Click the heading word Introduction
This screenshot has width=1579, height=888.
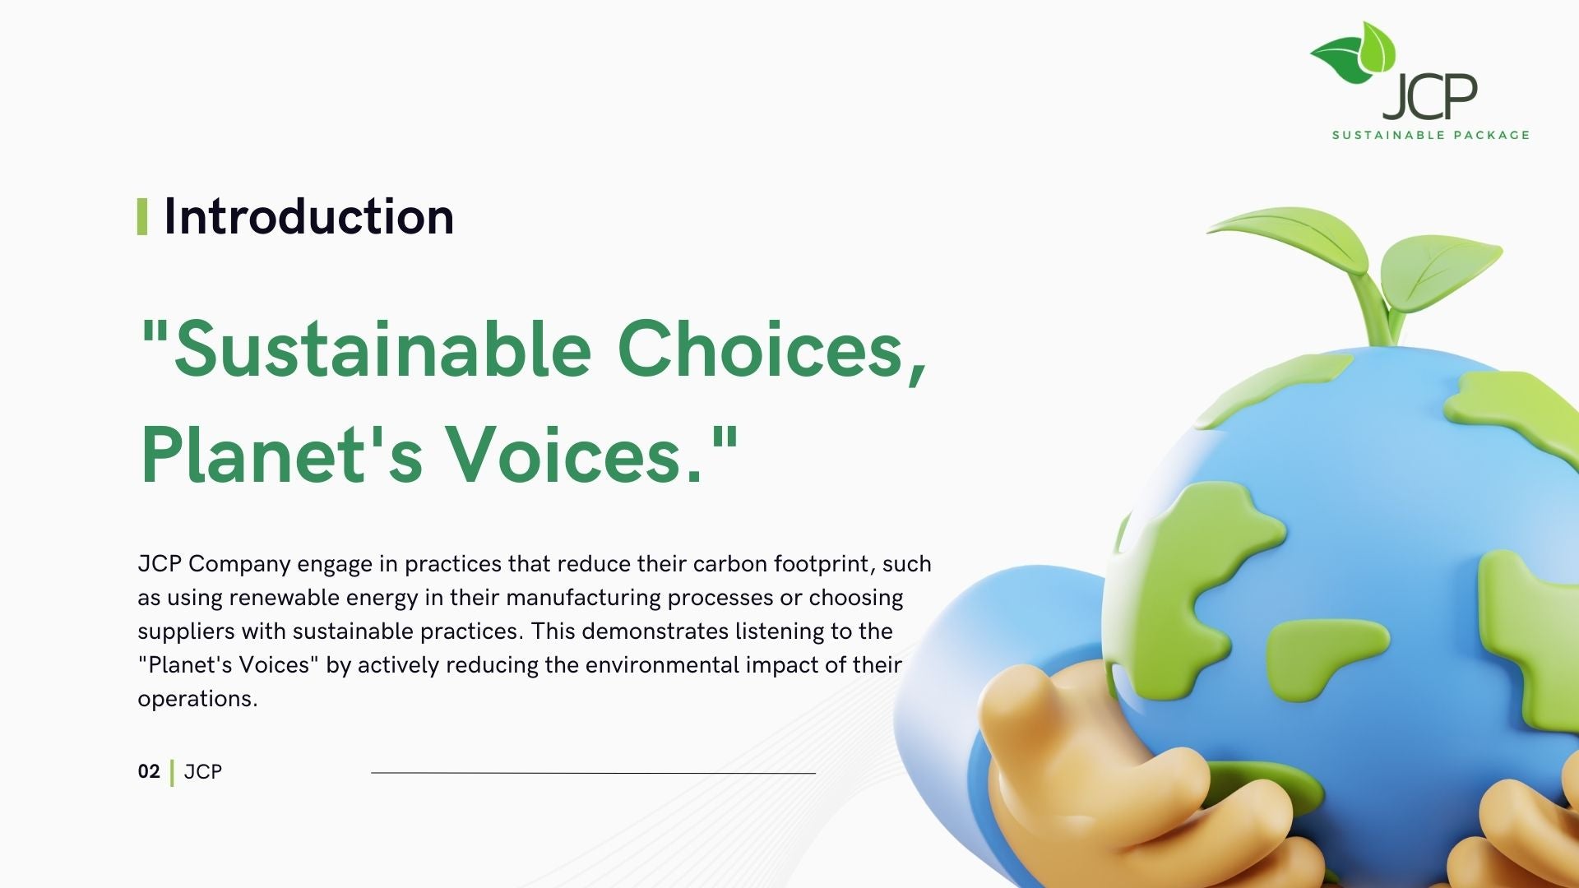coord(308,217)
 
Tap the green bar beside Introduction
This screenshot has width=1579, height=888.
coord(142,216)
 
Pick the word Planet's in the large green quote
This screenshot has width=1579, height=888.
coord(282,455)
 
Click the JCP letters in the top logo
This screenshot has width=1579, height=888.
coord(1430,96)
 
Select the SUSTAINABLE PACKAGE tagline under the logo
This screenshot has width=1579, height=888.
coord(1431,135)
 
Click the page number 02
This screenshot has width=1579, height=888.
coord(149,771)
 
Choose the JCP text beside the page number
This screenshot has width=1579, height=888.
coord(203,771)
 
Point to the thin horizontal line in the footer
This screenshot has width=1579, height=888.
coord(593,773)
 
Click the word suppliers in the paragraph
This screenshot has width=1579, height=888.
coord(186,632)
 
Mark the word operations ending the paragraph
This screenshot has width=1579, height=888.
coord(197,700)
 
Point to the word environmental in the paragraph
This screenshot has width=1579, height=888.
coord(662,664)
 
